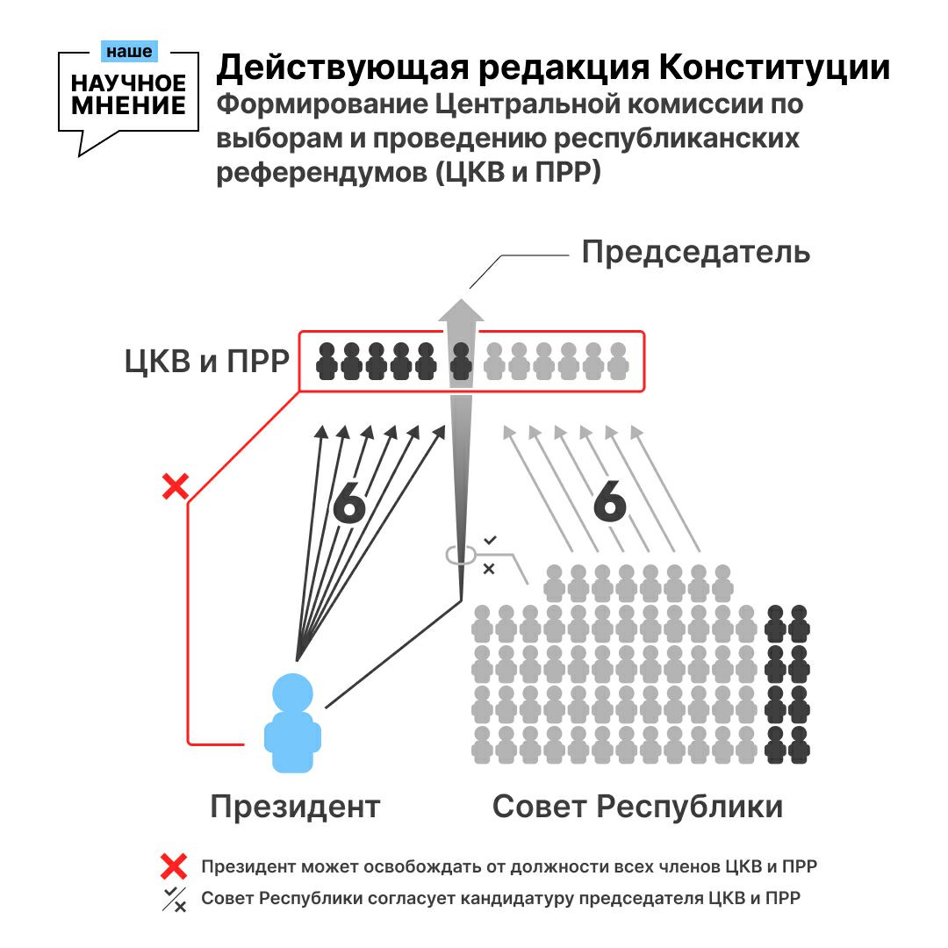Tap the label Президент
pyautogui.click(x=295, y=806)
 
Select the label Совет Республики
pyautogui.click(x=637, y=806)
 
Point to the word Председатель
pyautogui.click(x=696, y=253)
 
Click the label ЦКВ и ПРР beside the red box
pyautogui.click(x=207, y=361)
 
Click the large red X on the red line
pyautogui.click(x=176, y=485)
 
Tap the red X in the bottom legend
pyautogui.click(x=174, y=867)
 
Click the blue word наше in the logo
pyautogui.click(x=128, y=52)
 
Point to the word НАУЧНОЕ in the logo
pyautogui.click(x=129, y=84)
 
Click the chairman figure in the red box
pyautogui.click(x=461, y=361)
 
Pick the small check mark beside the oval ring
pyautogui.click(x=490, y=539)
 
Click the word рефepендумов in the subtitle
pyautogui.click(x=320, y=171)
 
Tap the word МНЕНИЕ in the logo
pyautogui.click(x=129, y=105)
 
